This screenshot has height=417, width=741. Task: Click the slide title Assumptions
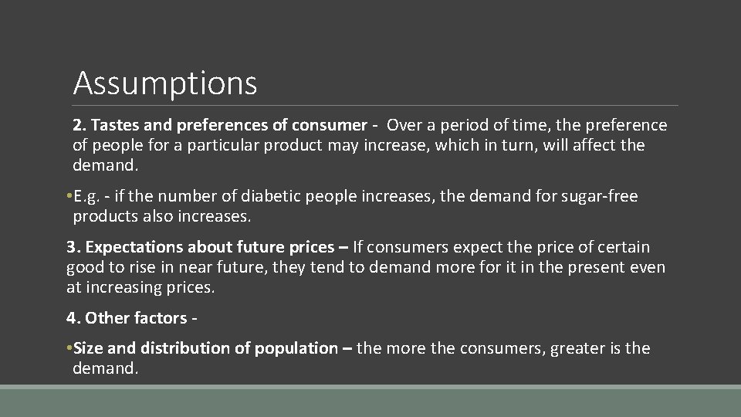pyautogui.click(x=164, y=83)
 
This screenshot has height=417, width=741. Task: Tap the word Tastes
pyautogui.click(x=114, y=125)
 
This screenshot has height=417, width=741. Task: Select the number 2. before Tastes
pyautogui.click(x=80, y=125)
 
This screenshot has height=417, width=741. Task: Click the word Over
pyautogui.click(x=404, y=125)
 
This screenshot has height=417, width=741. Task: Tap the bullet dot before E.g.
pyautogui.click(x=69, y=197)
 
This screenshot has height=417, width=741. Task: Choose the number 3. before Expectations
pyautogui.click(x=73, y=248)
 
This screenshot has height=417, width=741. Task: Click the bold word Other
pyautogui.click(x=108, y=318)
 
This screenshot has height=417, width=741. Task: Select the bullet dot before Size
pyautogui.click(x=69, y=349)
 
